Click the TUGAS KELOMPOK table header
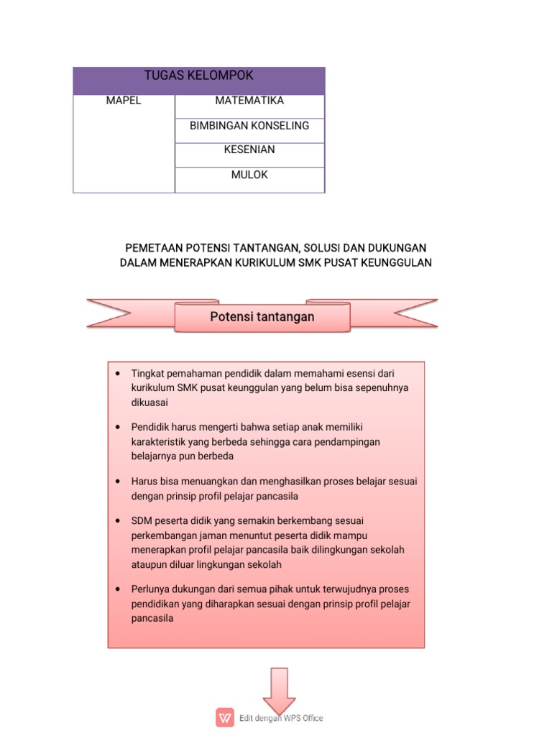pyautogui.click(x=199, y=76)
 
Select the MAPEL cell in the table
pyautogui.click(x=124, y=101)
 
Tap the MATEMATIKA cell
pyautogui.click(x=249, y=101)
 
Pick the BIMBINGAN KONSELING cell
pyautogui.click(x=249, y=126)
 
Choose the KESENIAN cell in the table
pyautogui.click(x=249, y=150)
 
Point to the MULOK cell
pyautogui.click(x=249, y=175)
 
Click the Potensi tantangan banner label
pyautogui.click(x=262, y=317)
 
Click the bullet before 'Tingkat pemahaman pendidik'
pyautogui.click(x=116, y=374)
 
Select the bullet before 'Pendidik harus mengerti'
pyautogui.click(x=116, y=428)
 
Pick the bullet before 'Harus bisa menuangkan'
pyautogui.click(x=116, y=481)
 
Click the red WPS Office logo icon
pyautogui.click(x=225, y=717)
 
